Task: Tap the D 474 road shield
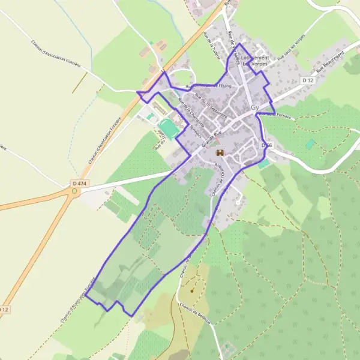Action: (76, 182)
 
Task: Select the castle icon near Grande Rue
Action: (219, 152)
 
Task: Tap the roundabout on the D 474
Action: (75, 192)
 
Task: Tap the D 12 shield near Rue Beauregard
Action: (308, 80)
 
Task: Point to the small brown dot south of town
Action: (192, 291)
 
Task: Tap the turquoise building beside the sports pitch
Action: (149, 116)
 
